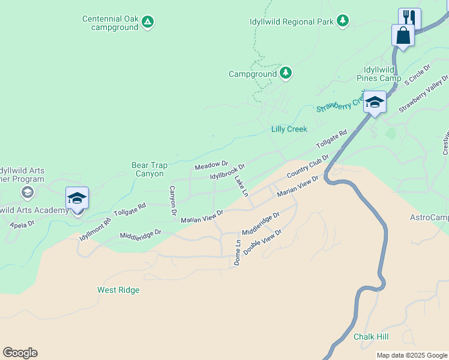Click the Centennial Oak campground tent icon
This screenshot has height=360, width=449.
pyautogui.click(x=148, y=22)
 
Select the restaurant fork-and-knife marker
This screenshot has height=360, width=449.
pyautogui.click(x=409, y=17)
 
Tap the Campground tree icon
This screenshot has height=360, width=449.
pyautogui.click(x=286, y=74)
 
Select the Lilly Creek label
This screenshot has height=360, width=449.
pyautogui.click(x=289, y=129)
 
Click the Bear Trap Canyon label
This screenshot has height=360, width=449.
pyautogui.click(x=148, y=169)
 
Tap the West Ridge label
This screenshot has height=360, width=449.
pyautogui.click(x=118, y=290)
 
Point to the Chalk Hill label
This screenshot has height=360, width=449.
pyautogui.click(x=371, y=337)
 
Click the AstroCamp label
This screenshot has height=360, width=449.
pyautogui.click(x=429, y=217)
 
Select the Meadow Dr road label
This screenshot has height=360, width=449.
pyautogui.click(x=211, y=164)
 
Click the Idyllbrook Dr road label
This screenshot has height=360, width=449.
pyautogui.click(x=228, y=172)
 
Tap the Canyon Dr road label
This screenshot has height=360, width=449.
pyautogui.click(x=172, y=200)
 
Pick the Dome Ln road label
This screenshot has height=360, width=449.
pyautogui.click(x=238, y=253)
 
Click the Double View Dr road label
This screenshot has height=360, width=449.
pyautogui.click(x=262, y=241)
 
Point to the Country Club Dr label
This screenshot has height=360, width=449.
pyautogui.click(x=308, y=166)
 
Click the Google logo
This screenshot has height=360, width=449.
pyautogui.click(x=20, y=353)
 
